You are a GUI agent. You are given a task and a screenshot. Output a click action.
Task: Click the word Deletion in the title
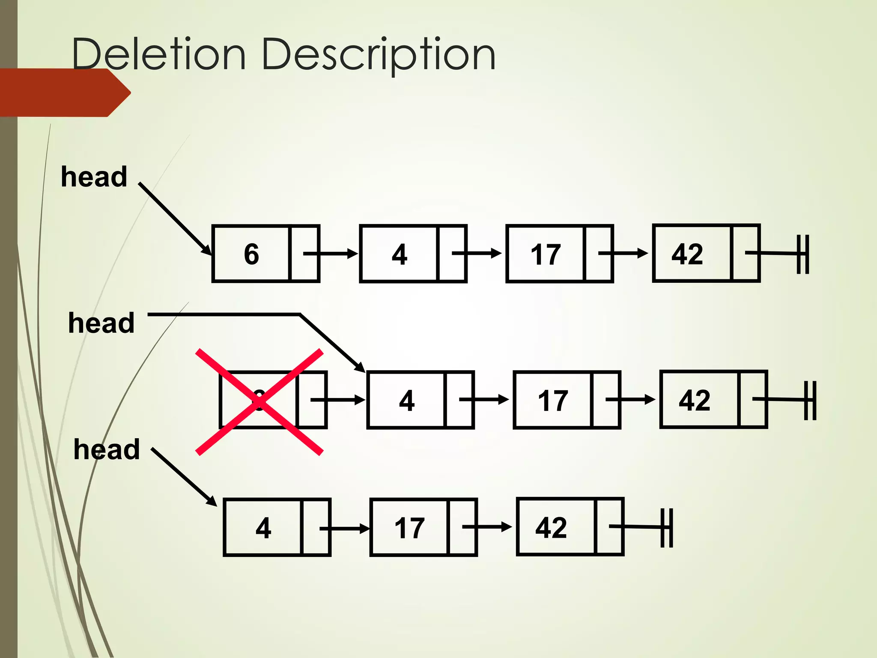158,55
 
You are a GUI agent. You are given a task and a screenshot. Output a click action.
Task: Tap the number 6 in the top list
251,254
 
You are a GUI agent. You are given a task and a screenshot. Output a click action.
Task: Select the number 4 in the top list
399,254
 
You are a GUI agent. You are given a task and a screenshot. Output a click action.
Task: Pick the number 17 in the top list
545,254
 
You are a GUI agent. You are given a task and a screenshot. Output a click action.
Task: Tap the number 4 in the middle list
406,401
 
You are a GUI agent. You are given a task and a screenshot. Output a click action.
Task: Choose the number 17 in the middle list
552,401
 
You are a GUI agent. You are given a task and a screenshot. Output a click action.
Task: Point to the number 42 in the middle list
694,400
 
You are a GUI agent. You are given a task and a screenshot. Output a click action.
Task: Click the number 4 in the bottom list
263,528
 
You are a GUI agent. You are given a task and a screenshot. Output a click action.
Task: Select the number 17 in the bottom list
409,528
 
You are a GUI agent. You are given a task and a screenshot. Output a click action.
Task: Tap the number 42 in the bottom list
551,527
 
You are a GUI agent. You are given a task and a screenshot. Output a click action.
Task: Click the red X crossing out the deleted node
259,402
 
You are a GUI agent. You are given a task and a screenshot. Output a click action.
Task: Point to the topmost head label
94,176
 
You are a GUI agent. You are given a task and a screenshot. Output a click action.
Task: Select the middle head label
101,323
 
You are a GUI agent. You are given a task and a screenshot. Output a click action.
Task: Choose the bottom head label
107,449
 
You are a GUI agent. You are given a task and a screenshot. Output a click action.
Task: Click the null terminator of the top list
802,254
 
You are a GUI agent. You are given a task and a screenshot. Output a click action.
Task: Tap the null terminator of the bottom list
666,528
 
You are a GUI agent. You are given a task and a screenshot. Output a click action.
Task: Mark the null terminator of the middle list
810,401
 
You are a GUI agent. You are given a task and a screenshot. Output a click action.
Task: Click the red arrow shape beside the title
64,93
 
